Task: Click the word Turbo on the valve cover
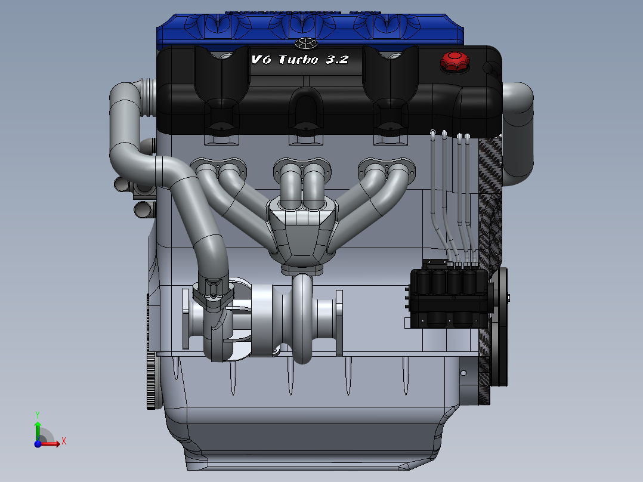point(298,60)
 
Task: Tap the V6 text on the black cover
point(261,60)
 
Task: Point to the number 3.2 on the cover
point(337,60)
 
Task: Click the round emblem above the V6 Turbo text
point(306,43)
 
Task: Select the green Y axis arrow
point(38,426)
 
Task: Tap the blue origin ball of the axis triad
point(38,443)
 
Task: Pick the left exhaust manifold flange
point(218,168)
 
